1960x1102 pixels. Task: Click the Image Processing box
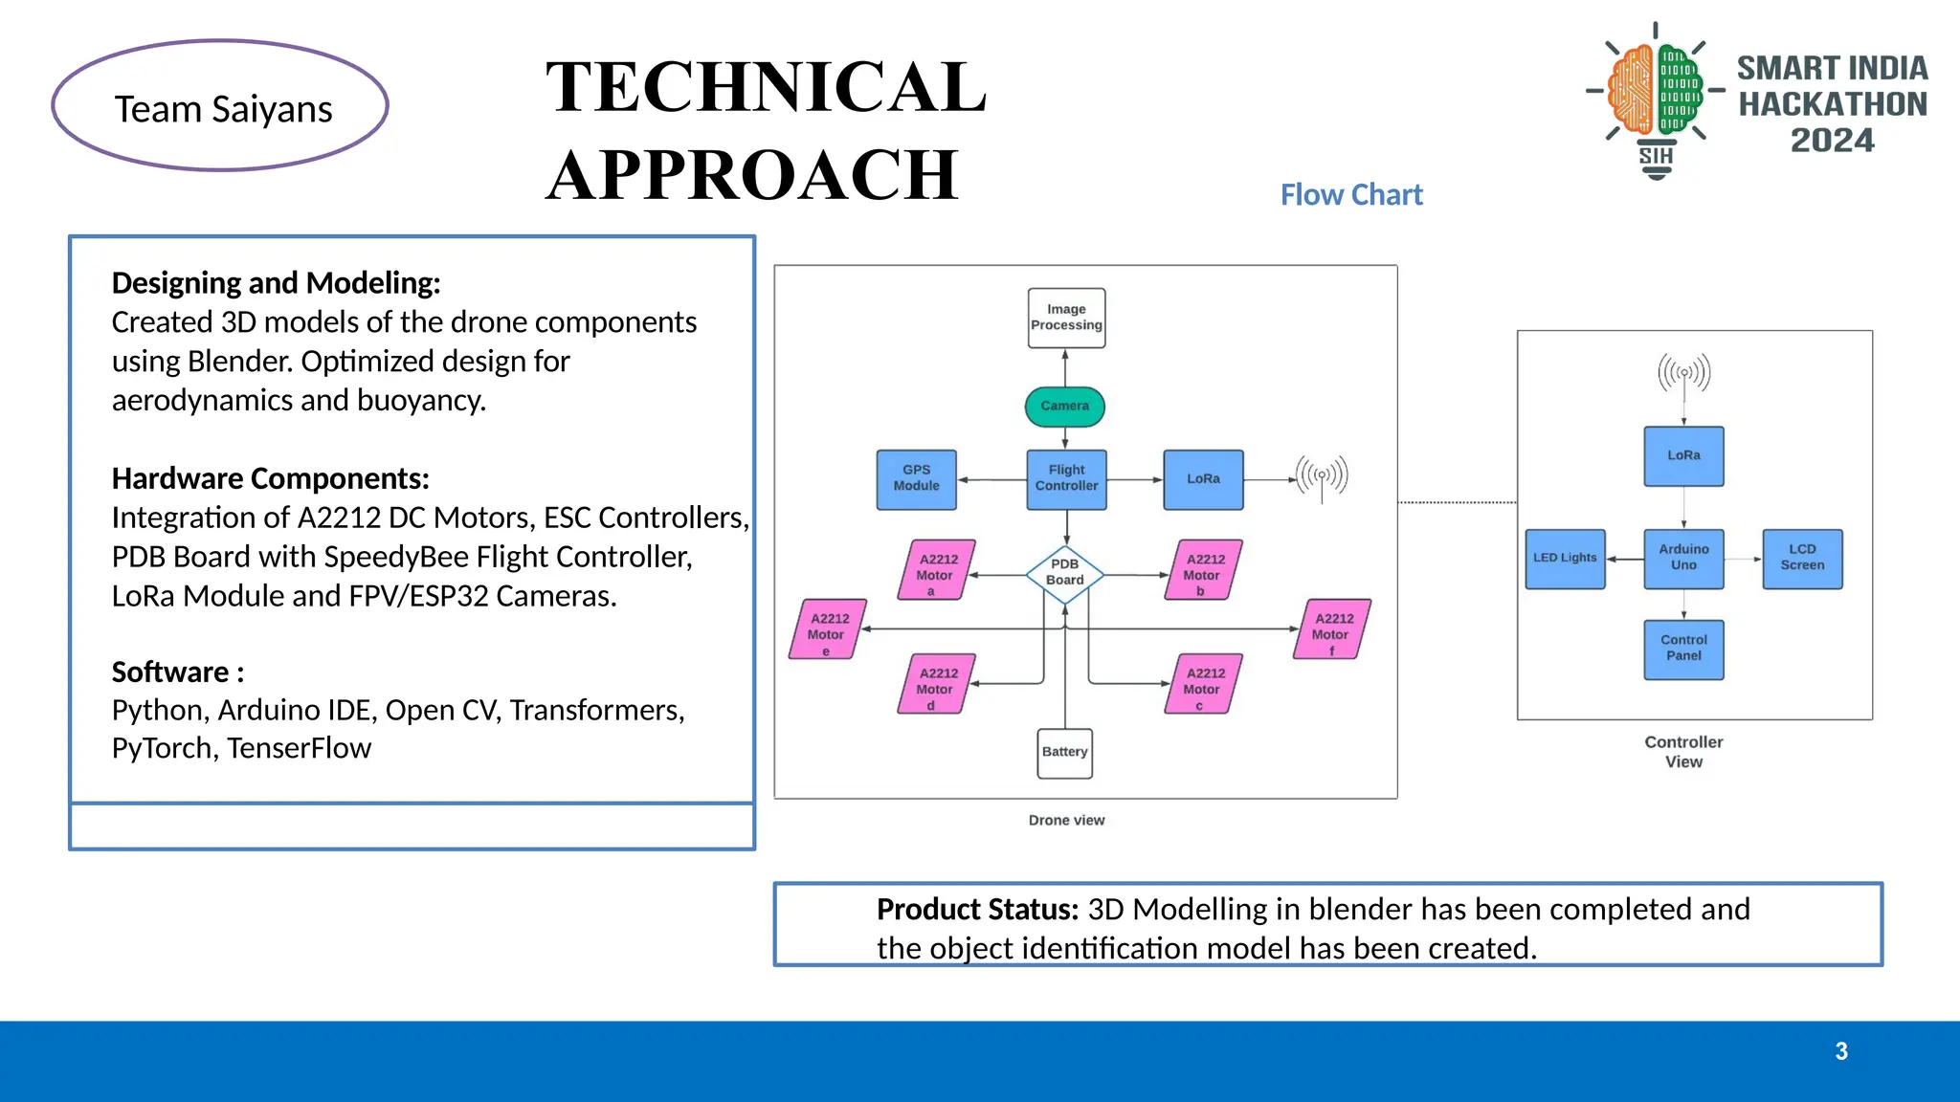click(x=1066, y=318)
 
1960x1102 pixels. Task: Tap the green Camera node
click(x=1065, y=407)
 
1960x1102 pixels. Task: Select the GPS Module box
click(x=916, y=479)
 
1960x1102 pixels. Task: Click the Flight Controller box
click(x=1066, y=479)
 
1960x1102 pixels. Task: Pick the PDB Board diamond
click(x=1065, y=574)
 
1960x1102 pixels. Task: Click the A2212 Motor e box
click(x=827, y=629)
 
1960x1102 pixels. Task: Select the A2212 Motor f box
click(x=1331, y=629)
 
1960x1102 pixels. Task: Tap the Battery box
click(x=1064, y=753)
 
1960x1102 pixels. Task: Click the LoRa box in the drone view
click(x=1203, y=479)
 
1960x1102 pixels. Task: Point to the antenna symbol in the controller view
click(x=1683, y=374)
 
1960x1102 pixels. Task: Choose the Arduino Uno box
click(x=1683, y=559)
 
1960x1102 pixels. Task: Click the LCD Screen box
click(x=1802, y=559)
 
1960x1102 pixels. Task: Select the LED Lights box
click(x=1565, y=559)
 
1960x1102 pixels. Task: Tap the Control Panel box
click(x=1683, y=650)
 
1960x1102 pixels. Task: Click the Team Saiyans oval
click(x=221, y=106)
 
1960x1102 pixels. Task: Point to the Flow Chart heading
click(x=1351, y=195)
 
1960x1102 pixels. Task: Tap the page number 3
click(x=1841, y=1051)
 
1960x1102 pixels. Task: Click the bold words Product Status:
click(x=977, y=910)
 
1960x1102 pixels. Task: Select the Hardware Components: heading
click(x=270, y=478)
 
